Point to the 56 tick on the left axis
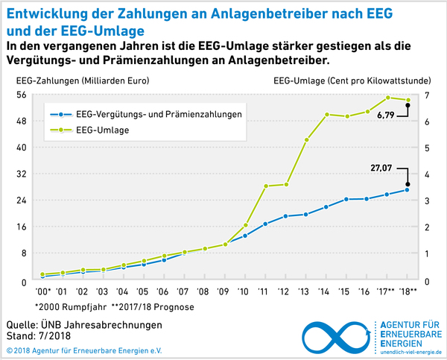click(x=22, y=95)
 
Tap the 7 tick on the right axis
click(x=426, y=95)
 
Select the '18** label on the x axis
click(x=408, y=291)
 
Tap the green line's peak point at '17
click(x=387, y=98)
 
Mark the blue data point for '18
click(x=408, y=189)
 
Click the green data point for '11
click(x=265, y=186)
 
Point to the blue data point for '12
click(x=285, y=216)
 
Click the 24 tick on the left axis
click(x=22, y=200)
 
